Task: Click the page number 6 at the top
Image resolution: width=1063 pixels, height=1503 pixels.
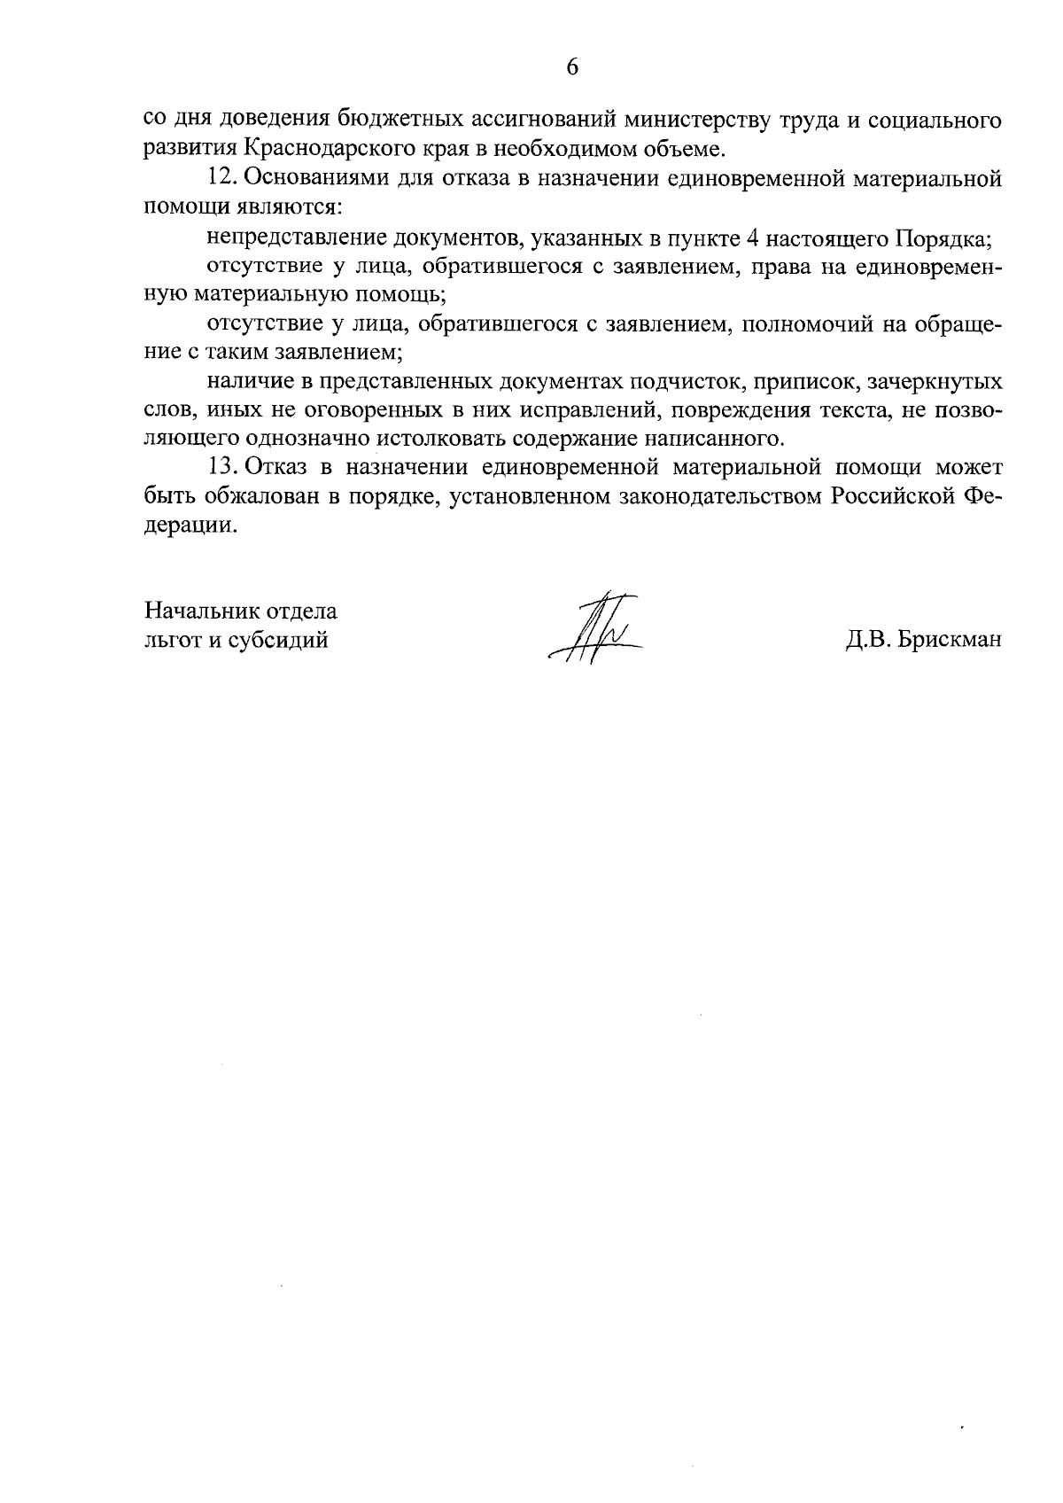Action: (x=571, y=68)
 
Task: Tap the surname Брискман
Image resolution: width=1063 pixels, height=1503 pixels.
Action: (x=950, y=640)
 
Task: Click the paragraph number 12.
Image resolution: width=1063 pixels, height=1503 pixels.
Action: (x=221, y=178)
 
